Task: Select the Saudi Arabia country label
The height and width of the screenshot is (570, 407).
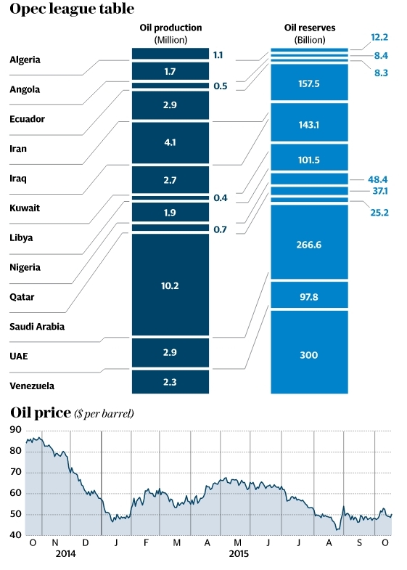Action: click(37, 327)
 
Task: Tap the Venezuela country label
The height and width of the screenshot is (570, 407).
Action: click(31, 386)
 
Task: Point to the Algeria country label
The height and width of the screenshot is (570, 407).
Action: click(25, 60)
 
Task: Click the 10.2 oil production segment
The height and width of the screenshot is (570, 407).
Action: click(170, 286)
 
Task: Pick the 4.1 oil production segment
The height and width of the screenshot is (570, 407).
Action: click(170, 143)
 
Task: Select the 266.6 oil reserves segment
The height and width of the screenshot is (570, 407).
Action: click(308, 245)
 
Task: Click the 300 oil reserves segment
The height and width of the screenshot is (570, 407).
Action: click(308, 355)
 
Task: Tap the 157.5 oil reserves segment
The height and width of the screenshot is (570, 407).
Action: click(308, 84)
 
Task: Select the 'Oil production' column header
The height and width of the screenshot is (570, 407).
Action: click(170, 33)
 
